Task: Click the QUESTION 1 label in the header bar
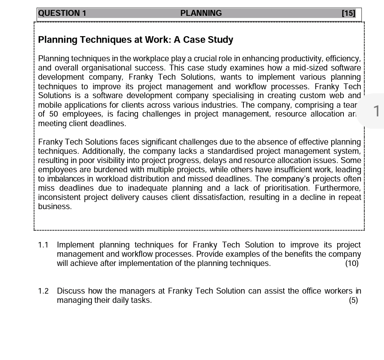point(62,14)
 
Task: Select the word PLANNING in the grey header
point(201,14)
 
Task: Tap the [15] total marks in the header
point(349,14)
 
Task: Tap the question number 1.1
point(43,245)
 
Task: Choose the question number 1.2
point(43,291)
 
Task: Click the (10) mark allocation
point(352,264)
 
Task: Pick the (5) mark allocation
point(353,301)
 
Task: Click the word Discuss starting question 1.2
point(71,291)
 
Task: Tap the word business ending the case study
point(55,207)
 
